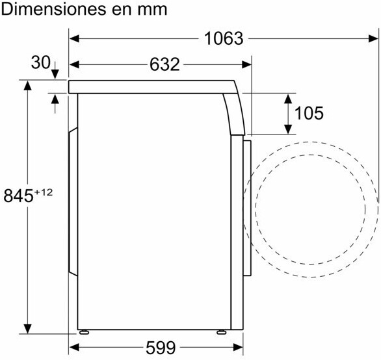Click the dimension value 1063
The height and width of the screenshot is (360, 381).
224,38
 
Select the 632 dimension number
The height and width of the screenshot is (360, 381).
164,64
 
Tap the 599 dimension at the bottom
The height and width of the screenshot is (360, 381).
161,348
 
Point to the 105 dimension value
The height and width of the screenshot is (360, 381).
309,113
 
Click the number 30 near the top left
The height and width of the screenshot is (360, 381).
40,62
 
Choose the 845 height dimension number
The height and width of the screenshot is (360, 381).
18,196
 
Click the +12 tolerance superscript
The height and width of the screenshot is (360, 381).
44,192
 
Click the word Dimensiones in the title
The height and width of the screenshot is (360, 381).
53,9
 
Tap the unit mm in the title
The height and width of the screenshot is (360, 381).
152,10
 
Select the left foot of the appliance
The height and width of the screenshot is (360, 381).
84,332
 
